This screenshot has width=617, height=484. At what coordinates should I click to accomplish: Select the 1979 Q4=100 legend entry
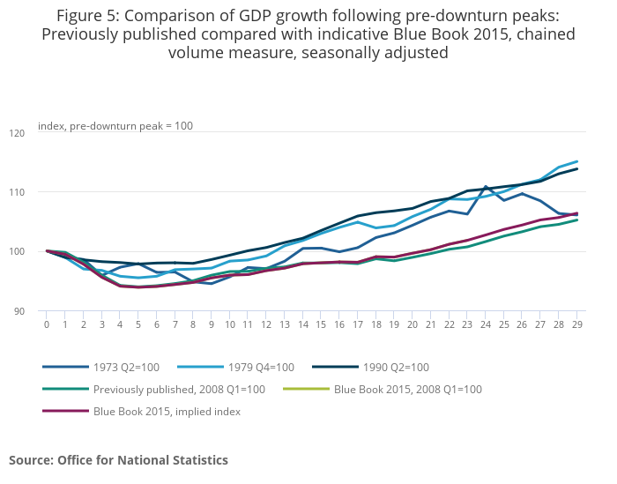pyautogui.click(x=261, y=367)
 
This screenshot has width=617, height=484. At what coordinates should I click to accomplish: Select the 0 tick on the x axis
pyautogui.click(x=47, y=324)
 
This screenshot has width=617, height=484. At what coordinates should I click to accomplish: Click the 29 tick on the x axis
pyautogui.click(x=577, y=324)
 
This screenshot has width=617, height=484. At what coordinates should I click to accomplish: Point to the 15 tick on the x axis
pyautogui.click(x=321, y=324)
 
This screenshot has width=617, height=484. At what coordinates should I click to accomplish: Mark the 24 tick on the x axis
pyautogui.click(x=486, y=324)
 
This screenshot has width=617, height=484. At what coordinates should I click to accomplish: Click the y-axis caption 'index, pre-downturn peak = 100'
pyautogui.click(x=115, y=126)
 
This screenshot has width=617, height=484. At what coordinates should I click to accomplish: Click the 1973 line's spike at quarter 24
pyautogui.click(x=486, y=187)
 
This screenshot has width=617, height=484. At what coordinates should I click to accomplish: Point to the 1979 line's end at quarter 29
pyautogui.click(x=577, y=161)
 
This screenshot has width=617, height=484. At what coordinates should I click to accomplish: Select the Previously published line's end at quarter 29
pyautogui.click(x=577, y=220)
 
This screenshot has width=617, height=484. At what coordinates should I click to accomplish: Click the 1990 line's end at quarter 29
pyautogui.click(x=577, y=168)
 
